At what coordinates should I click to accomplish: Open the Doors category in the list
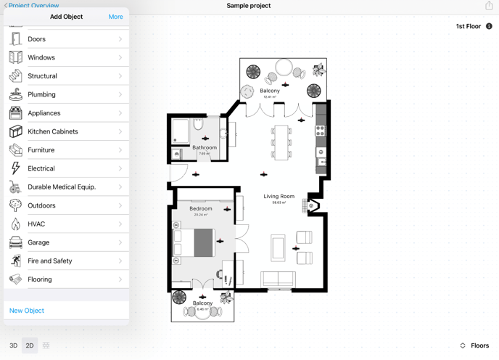pos(66,39)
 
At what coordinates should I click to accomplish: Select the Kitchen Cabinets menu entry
pos(66,131)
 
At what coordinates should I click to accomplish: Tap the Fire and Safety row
pos(66,261)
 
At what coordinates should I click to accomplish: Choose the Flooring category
pos(66,279)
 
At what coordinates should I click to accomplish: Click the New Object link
pos(27,311)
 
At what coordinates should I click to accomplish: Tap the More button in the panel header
pos(115,17)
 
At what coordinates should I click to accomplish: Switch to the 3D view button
pos(13,345)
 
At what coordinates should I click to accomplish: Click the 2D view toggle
pos(30,345)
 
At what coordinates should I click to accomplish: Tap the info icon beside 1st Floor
pos(489,26)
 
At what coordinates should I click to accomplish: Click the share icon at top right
pos(489,6)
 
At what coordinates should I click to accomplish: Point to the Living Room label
pos(279,197)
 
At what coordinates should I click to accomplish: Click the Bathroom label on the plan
pos(205,147)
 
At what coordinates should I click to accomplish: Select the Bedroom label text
pos(201,209)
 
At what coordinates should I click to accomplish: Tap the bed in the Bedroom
pos(195,243)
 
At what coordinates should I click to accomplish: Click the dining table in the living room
pos(281,142)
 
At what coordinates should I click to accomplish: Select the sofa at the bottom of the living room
pos(278,279)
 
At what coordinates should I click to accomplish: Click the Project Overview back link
pos(33,6)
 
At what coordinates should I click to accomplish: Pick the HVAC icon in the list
pos(16,224)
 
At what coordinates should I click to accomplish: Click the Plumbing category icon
pos(16,94)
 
